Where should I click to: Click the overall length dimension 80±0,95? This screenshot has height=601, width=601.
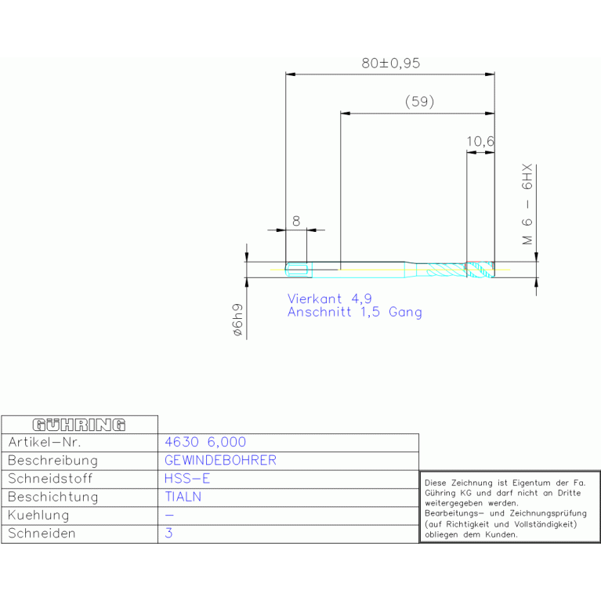pos(390,63)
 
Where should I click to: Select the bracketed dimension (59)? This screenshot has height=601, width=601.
pos(420,102)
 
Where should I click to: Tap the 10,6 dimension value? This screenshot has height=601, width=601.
pos(480,142)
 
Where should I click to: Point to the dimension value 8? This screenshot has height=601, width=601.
pos(296,221)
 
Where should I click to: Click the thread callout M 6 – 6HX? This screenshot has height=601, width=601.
pos(527,205)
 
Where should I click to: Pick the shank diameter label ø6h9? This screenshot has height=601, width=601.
pos(237,320)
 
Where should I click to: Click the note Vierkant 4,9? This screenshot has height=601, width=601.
pos(330,299)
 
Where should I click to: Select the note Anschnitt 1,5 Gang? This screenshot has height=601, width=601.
pos(355,312)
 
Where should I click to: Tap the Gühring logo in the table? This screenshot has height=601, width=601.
pos(79,425)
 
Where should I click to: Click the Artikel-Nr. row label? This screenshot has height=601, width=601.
pos(45,442)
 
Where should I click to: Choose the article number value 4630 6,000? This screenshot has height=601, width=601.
pos(205,442)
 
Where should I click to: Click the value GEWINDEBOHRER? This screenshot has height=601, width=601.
pos(220,460)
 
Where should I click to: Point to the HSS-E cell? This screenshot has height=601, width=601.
pos(187,478)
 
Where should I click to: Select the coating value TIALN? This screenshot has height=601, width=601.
pos(183,497)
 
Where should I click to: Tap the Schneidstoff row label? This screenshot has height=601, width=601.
pos(50,478)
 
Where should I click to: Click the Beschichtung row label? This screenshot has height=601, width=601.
pos(53,497)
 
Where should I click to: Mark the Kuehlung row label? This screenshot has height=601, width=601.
pos(38,515)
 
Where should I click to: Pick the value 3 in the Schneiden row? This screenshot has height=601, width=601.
pos(168,533)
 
